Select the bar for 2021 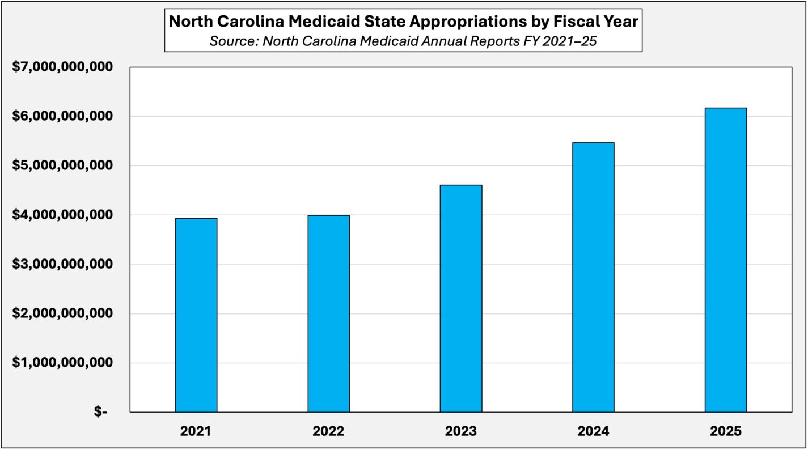[196, 315]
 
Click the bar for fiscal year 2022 [329, 313]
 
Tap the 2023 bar [461, 298]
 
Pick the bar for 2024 [593, 277]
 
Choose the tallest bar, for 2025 [726, 260]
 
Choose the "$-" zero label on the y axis [100, 413]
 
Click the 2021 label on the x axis [196, 431]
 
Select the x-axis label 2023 [461, 431]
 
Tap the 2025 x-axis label [726, 431]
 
